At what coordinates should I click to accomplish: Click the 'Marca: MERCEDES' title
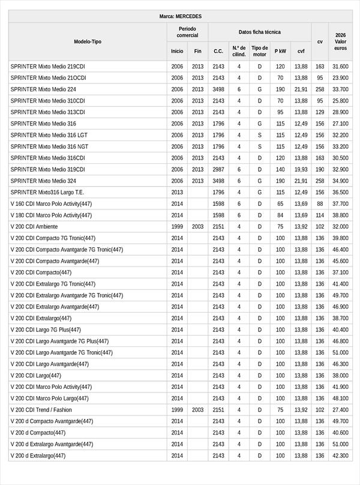(181, 16)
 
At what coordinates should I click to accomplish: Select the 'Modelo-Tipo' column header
(88, 41)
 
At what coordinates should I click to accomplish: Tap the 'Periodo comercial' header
(187, 32)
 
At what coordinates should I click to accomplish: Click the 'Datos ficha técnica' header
(259, 32)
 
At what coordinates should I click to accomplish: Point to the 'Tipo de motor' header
(259, 51)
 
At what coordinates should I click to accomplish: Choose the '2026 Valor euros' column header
(340, 41)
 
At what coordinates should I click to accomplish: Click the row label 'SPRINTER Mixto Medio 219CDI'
(48, 67)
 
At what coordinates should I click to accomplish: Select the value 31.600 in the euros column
(340, 67)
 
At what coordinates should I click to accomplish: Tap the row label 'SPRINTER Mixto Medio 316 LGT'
(49, 135)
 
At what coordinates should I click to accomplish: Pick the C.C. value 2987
(218, 169)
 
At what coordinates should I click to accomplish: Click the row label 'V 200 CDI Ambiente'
(34, 227)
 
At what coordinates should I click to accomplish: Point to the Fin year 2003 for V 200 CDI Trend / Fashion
(198, 409)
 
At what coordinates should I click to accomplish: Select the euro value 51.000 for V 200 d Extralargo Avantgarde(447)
(340, 444)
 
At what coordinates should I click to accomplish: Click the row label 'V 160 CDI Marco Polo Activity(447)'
(52, 204)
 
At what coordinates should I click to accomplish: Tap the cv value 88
(320, 204)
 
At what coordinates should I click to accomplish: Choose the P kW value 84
(280, 215)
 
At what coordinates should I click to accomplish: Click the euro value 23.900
(340, 78)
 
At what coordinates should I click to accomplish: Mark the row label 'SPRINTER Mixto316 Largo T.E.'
(47, 193)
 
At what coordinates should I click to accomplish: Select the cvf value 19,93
(301, 169)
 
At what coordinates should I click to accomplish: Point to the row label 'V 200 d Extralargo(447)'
(38, 456)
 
